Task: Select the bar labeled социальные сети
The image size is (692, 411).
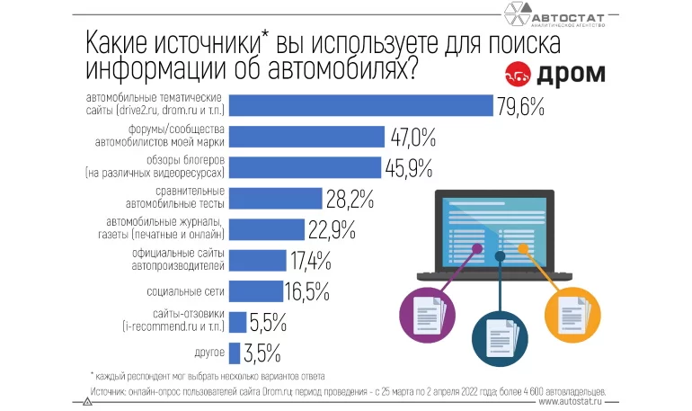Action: tap(255, 291)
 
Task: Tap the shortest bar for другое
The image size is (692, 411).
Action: tap(235, 353)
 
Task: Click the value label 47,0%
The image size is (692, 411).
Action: tap(413, 137)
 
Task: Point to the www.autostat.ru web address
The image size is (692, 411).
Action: tap(574, 403)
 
